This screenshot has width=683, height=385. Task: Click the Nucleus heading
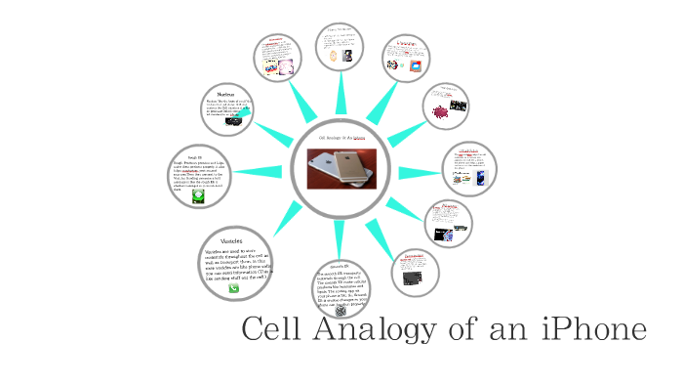[225, 94]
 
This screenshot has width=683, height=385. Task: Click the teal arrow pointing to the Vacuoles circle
[284, 218]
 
